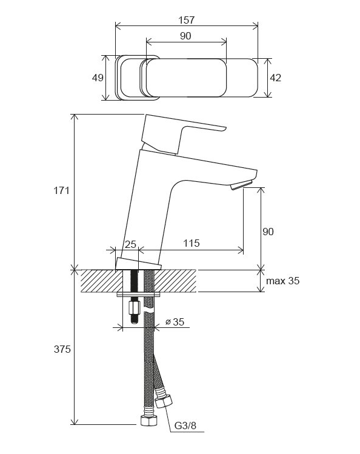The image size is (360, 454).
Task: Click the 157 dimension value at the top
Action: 187,20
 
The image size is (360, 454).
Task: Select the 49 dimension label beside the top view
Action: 98,78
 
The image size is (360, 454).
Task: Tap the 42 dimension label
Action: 275,78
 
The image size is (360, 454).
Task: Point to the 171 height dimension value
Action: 61,190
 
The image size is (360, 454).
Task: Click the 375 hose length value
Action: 62,349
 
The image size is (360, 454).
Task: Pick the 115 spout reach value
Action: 192,243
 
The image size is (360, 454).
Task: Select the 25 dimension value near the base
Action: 130,244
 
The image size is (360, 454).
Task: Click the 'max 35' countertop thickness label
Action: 283,281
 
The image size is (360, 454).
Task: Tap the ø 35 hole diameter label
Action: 175,322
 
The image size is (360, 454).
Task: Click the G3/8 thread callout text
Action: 185,426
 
